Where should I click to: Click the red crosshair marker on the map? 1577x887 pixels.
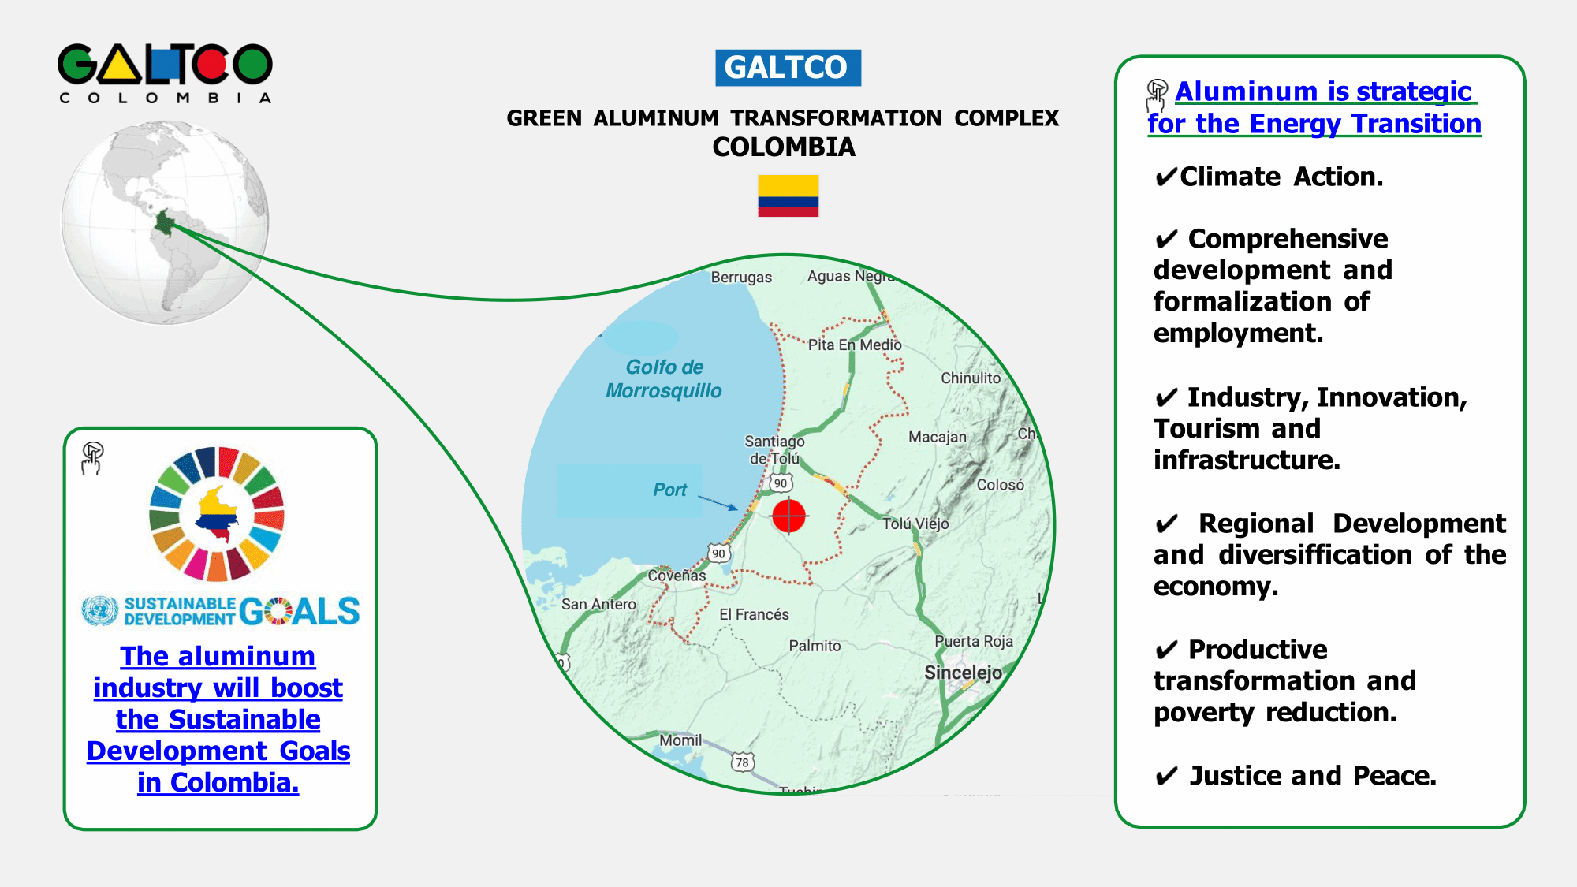point(788,516)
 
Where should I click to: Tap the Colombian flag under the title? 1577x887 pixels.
point(788,196)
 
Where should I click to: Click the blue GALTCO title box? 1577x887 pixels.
point(787,68)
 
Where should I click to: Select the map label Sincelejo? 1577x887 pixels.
point(963,673)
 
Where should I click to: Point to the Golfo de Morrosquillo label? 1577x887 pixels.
point(664,379)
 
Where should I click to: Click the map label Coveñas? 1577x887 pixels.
point(677,576)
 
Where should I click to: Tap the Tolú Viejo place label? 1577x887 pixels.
point(915,524)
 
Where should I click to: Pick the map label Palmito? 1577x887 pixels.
point(815,646)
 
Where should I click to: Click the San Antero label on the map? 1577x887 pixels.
point(598,604)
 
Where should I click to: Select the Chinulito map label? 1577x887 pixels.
point(971,378)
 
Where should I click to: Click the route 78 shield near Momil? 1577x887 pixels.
point(742,762)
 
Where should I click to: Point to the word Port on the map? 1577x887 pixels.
point(669,490)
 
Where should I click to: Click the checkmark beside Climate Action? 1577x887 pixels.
point(1165,177)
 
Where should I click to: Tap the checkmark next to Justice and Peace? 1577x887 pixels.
point(1166,777)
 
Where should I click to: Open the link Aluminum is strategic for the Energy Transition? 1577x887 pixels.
point(1314,108)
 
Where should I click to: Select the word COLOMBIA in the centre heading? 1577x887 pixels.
point(783,147)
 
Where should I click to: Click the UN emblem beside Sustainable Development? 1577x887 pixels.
point(100,611)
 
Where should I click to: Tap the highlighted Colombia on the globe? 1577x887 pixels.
point(164,223)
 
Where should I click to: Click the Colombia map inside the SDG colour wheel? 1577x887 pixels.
point(217,515)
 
